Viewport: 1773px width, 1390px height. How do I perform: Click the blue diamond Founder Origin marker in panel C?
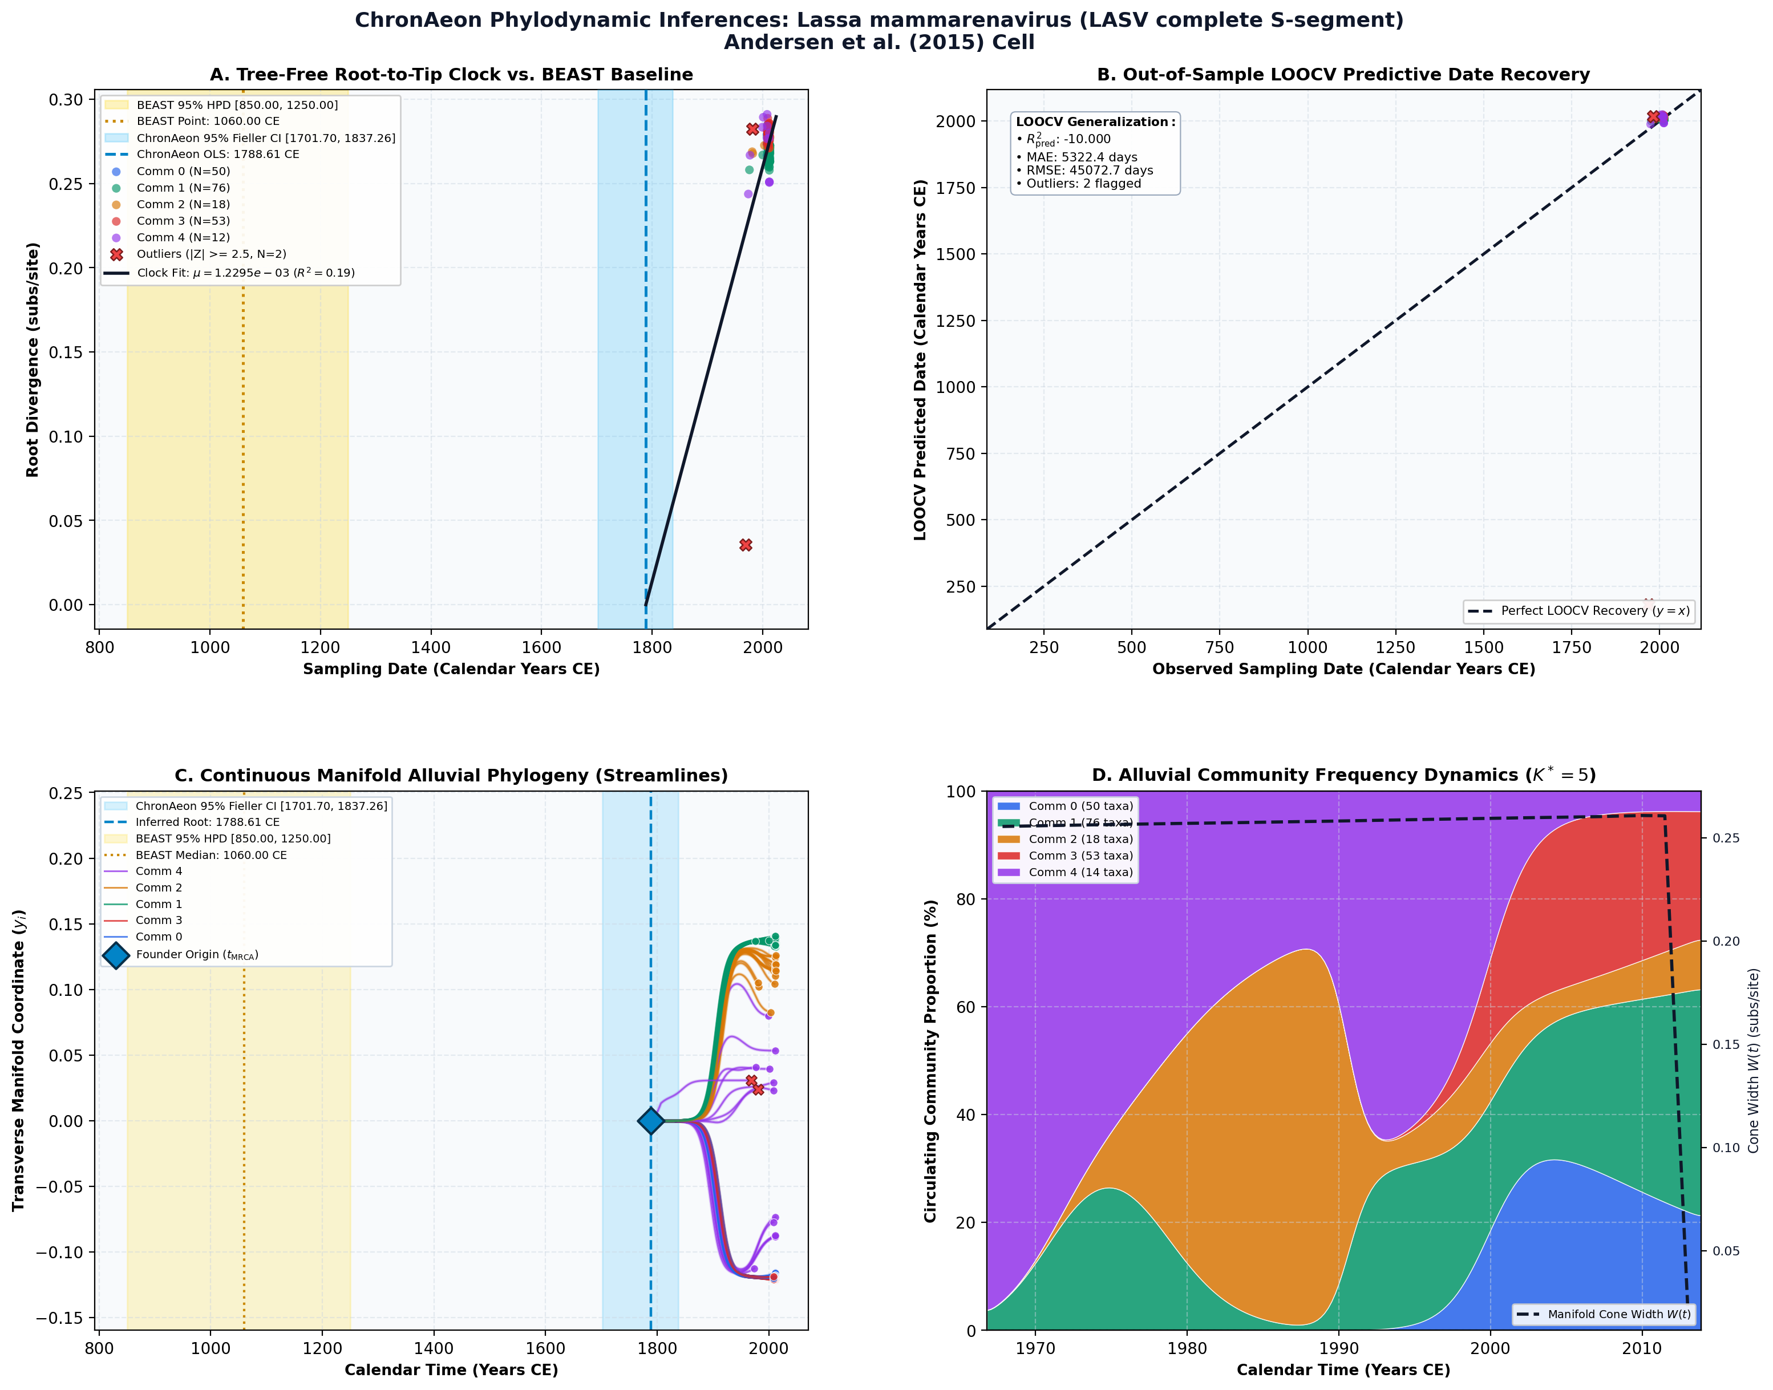(x=650, y=1121)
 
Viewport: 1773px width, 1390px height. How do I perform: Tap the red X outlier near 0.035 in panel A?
(x=746, y=545)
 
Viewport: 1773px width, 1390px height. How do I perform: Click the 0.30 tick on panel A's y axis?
(x=66, y=99)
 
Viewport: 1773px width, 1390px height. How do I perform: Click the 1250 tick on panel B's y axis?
(x=956, y=321)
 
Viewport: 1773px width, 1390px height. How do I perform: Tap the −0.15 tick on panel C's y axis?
(x=59, y=1318)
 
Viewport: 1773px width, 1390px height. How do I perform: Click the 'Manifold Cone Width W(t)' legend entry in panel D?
(x=1604, y=1314)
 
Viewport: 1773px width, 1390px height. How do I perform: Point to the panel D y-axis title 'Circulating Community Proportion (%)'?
(x=930, y=1061)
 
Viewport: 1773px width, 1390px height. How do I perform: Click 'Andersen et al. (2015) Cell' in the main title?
(x=879, y=42)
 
